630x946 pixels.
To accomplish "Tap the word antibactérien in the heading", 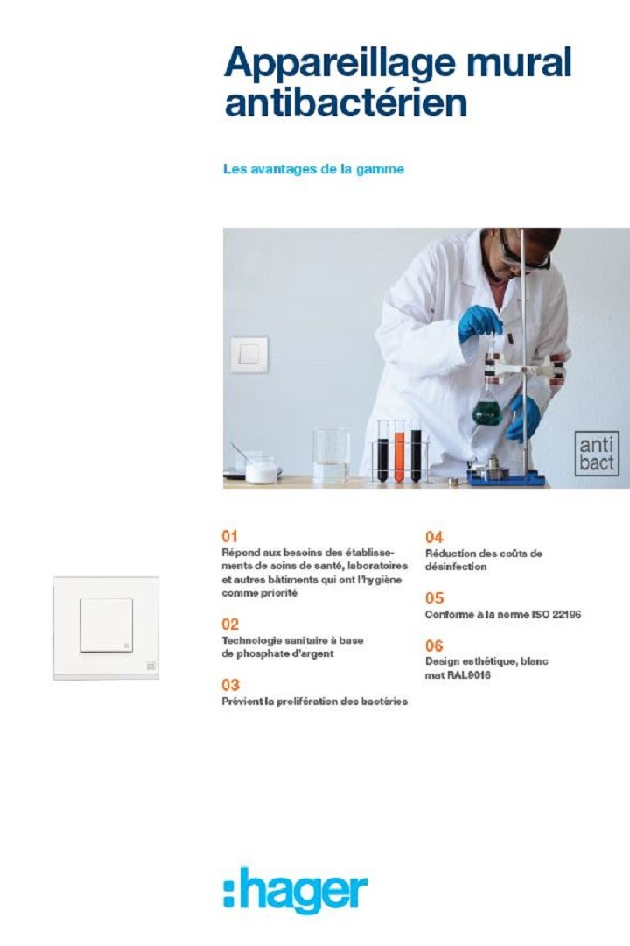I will tap(346, 103).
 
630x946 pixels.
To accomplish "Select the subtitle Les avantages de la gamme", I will tap(313, 169).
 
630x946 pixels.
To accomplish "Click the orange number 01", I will tap(230, 535).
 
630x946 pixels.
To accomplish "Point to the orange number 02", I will tap(230, 625).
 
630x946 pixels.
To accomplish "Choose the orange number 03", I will tap(230, 685).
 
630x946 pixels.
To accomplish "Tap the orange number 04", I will tap(434, 537).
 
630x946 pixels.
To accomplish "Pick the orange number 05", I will tap(434, 598).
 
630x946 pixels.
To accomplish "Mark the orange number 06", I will tap(434, 646).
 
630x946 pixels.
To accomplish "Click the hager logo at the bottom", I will tap(295, 892).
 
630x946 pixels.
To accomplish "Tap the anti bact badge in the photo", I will tap(597, 453).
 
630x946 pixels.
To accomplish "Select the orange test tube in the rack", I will tap(399, 454).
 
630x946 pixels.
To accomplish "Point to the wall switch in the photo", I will tap(249, 355).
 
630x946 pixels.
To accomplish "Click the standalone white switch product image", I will tap(107, 626).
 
